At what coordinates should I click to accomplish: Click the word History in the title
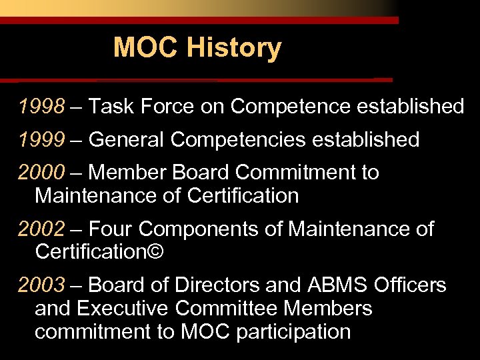tap(234, 48)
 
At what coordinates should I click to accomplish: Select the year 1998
tap(42, 106)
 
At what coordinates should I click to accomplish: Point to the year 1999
tap(42, 139)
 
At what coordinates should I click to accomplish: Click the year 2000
tap(42, 173)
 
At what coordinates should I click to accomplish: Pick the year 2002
tap(42, 229)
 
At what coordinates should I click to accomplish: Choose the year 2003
tap(42, 285)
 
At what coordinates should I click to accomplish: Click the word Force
tap(171, 106)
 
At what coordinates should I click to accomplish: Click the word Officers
tap(409, 285)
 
